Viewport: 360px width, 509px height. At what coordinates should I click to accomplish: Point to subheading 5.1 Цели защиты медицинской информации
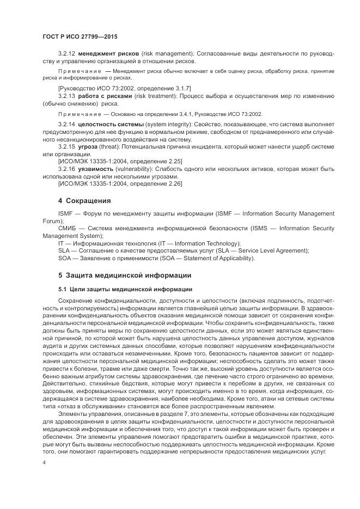click(x=125, y=288)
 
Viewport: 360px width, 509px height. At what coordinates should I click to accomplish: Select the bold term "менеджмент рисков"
click(x=108, y=54)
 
